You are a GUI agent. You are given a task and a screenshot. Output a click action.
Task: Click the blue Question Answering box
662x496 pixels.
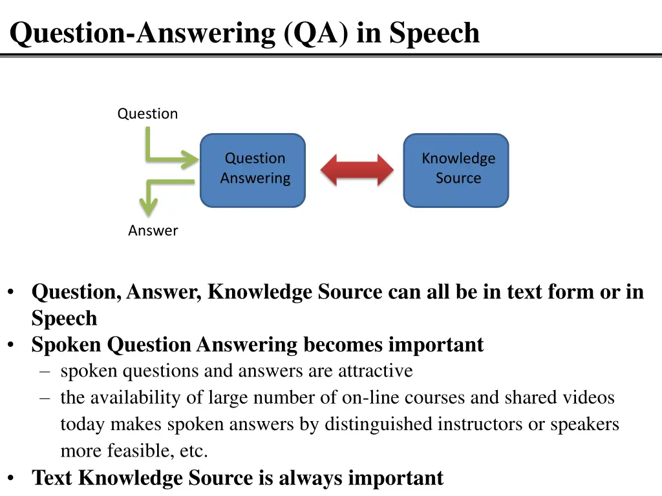click(x=252, y=170)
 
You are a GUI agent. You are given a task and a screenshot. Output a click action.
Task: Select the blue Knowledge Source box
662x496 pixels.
click(x=456, y=170)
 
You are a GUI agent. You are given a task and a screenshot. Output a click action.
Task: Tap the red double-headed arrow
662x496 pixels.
click(x=357, y=170)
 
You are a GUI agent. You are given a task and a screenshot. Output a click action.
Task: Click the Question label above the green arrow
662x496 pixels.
click(x=147, y=114)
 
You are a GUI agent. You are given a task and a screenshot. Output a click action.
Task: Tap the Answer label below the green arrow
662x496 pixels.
click(x=153, y=231)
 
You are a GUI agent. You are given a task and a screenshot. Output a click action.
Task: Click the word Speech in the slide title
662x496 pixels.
click(x=434, y=33)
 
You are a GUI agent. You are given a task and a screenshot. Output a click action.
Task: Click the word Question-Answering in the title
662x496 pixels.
click(x=144, y=33)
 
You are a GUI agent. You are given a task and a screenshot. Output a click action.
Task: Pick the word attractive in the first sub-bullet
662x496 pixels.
click(x=375, y=371)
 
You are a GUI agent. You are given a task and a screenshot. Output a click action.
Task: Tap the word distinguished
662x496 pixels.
click(x=378, y=424)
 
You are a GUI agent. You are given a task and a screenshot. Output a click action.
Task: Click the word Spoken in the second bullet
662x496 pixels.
click(x=67, y=345)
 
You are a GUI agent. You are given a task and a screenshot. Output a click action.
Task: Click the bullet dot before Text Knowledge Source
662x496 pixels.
click(x=12, y=478)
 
